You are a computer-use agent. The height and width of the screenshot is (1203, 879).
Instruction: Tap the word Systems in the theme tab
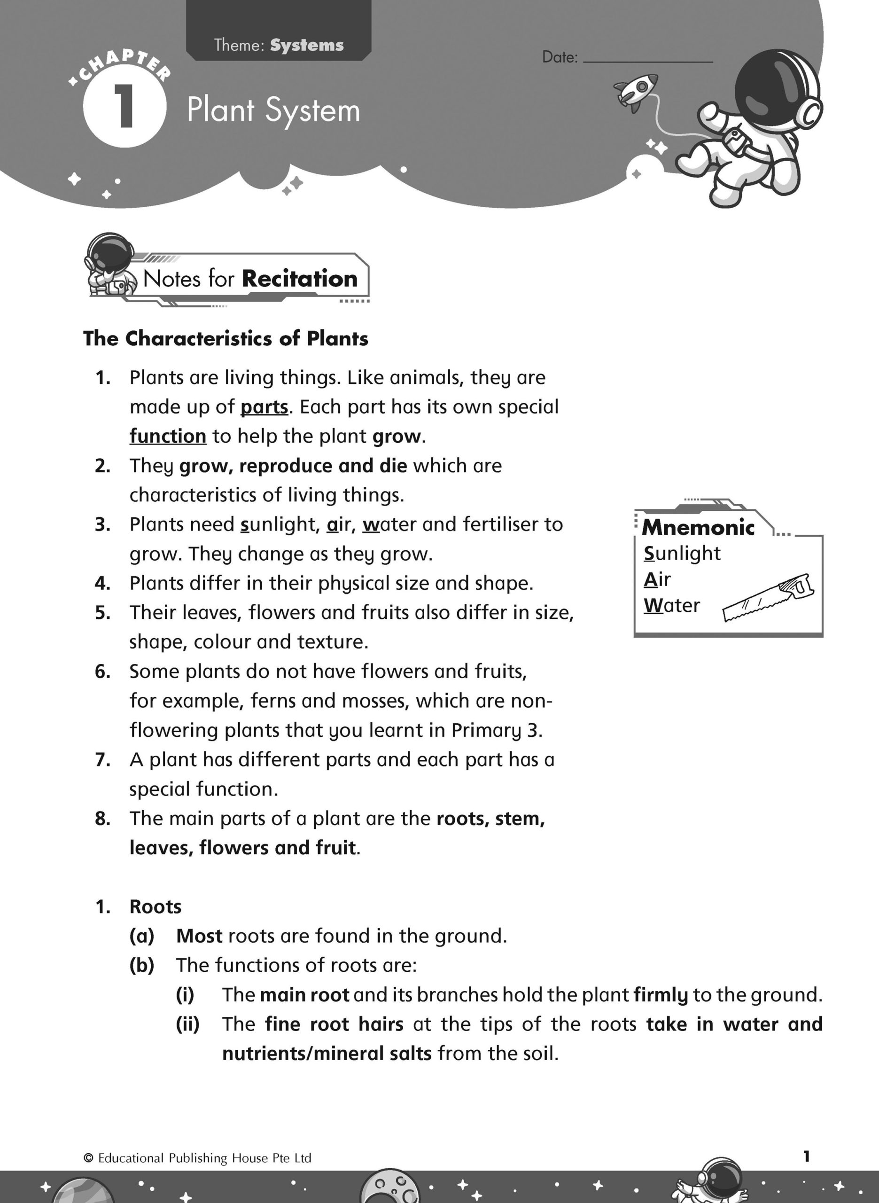(306, 45)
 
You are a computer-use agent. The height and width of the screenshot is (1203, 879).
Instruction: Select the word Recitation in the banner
(300, 279)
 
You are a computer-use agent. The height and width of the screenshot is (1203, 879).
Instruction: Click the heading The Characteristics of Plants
(226, 338)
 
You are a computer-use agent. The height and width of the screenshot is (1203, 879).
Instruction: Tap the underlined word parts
(264, 407)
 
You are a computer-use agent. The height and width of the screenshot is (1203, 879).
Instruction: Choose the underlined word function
(168, 436)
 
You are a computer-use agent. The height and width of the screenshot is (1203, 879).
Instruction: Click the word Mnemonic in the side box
(698, 527)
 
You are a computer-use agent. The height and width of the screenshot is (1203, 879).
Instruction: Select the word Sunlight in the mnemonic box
(682, 554)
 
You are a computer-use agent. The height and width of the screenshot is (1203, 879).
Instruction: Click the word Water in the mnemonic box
(671, 605)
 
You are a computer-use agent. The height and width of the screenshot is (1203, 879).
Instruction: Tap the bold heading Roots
(156, 906)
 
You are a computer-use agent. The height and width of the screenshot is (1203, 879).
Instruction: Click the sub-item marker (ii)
(187, 1024)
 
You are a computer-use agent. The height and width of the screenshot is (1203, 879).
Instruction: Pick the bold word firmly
(661, 995)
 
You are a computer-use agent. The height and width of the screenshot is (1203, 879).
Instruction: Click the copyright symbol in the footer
(88, 1158)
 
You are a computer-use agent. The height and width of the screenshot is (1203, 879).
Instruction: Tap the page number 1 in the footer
(806, 1156)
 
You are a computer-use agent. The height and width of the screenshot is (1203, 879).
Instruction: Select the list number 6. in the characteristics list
(103, 672)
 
